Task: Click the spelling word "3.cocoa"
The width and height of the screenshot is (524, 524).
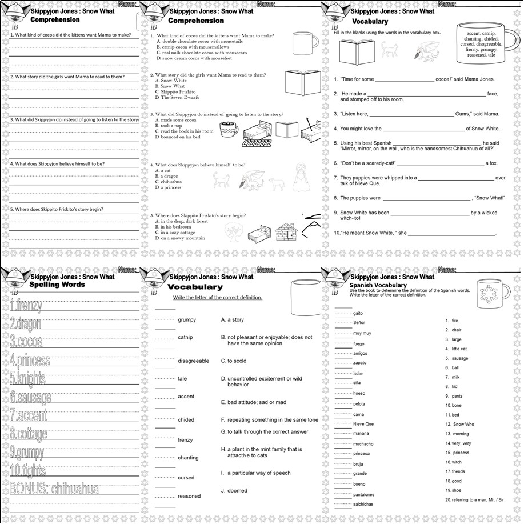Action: pyautogui.click(x=27, y=342)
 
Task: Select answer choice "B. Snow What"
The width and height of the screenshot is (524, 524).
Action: pyautogui.click(x=171, y=86)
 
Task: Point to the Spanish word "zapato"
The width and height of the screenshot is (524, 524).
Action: pyautogui.click(x=359, y=363)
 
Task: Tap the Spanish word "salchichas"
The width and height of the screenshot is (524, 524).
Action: pyautogui.click(x=364, y=504)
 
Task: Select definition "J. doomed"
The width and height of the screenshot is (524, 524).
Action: pyautogui.click(x=234, y=490)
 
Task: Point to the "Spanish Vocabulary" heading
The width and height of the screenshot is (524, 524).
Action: pyautogui.click(x=378, y=285)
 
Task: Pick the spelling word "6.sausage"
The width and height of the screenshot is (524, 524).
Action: pyautogui.click(x=31, y=397)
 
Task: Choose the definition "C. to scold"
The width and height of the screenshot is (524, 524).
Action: pyautogui.click(x=234, y=361)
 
